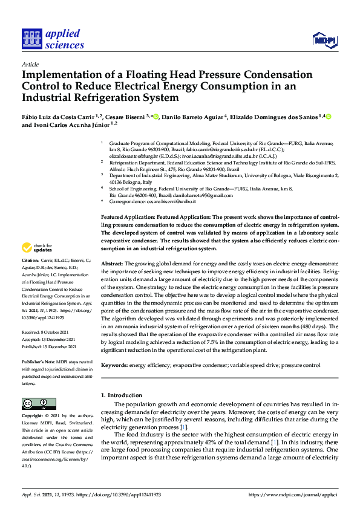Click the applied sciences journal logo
[53, 38]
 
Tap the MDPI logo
[326, 40]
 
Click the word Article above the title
[30, 64]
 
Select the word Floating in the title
[163, 76]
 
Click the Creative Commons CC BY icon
[39, 404]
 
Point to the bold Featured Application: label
[126, 216]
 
